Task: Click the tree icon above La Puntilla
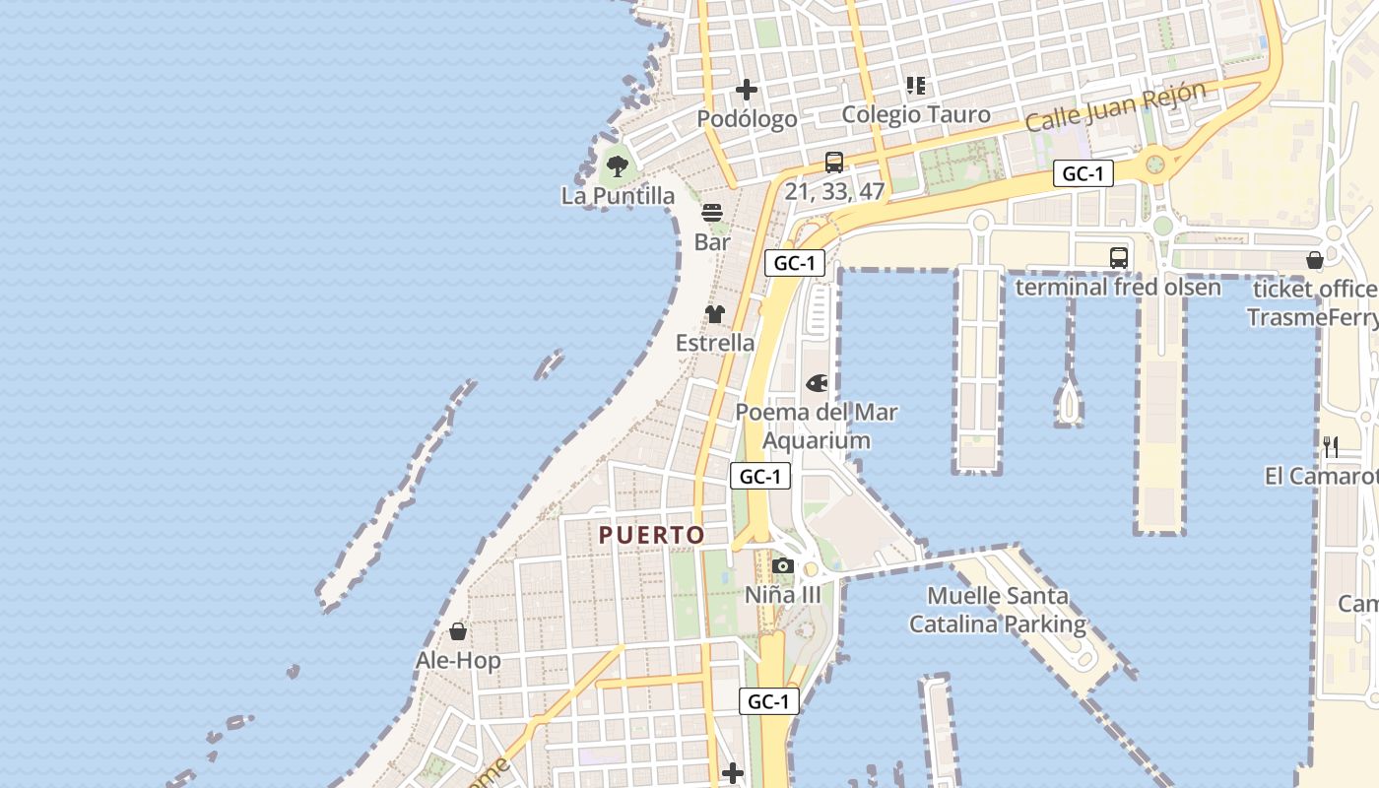click(x=618, y=165)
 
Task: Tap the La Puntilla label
click(x=618, y=196)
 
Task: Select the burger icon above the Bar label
click(x=712, y=213)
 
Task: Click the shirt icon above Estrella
click(x=715, y=314)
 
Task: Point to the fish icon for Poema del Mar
click(x=817, y=383)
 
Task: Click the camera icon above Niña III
click(x=783, y=565)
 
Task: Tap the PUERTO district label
click(x=652, y=535)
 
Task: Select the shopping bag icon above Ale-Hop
click(x=458, y=631)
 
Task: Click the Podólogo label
click(x=747, y=119)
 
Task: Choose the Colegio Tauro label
click(x=916, y=114)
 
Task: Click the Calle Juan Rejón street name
click(x=1115, y=107)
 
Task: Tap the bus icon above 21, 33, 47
click(x=834, y=163)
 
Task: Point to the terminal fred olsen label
click(x=1118, y=288)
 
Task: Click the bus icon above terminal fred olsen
click(x=1119, y=258)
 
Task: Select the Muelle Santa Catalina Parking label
click(x=997, y=610)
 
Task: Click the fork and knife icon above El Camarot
click(x=1331, y=447)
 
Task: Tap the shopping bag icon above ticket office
click(x=1315, y=260)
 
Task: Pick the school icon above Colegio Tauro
click(x=916, y=86)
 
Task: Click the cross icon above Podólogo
click(x=747, y=91)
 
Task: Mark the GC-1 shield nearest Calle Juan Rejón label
click(x=1083, y=174)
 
